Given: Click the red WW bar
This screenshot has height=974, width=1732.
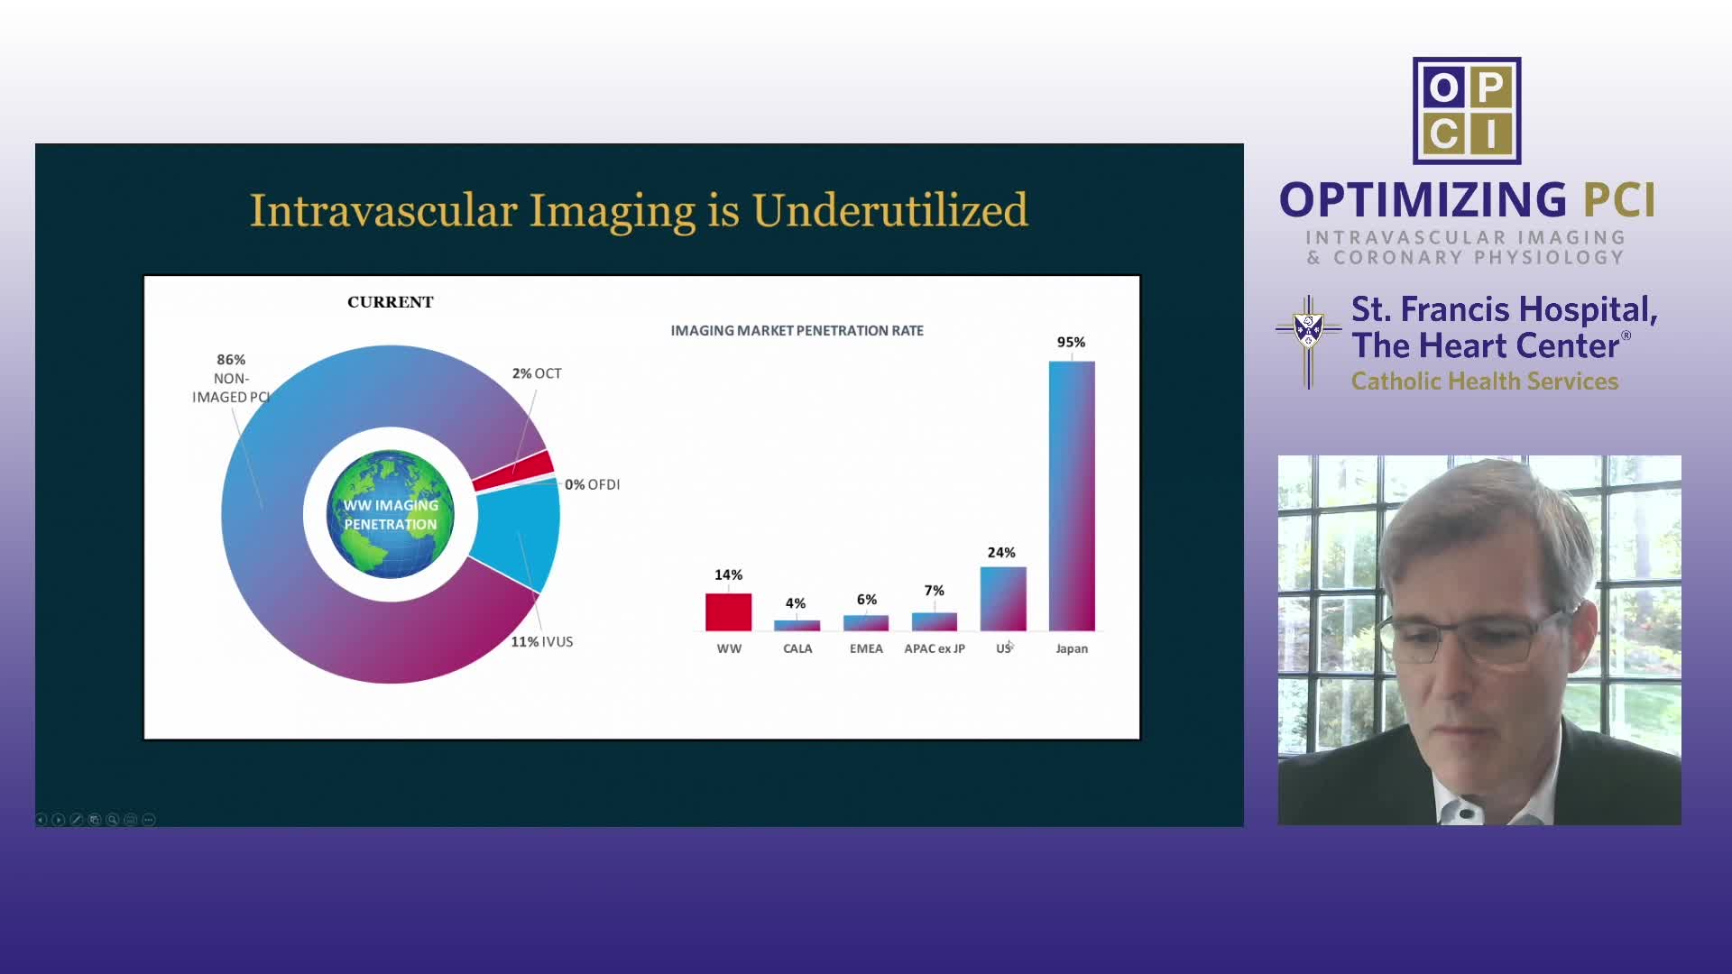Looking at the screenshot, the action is (x=728, y=611).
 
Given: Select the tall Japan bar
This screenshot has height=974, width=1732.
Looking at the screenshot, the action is (x=1072, y=496).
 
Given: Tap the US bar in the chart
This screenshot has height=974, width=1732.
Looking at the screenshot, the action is (x=1003, y=599).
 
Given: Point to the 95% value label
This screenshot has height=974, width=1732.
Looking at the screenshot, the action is (x=1071, y=342).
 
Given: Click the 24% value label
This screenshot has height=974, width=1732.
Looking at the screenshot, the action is (x=1001, y=552).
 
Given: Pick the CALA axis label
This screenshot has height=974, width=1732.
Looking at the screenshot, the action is (x=797, y=648).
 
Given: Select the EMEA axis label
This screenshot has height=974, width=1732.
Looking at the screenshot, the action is (x=866, y=648).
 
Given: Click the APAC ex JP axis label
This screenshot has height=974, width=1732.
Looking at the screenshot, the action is (x=935, y=648).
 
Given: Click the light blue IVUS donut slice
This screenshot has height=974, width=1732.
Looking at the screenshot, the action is (x=516, y=536).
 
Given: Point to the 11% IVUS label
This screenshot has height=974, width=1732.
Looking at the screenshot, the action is (x=542, y=641).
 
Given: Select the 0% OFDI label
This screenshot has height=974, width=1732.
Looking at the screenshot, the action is (x=593, y=484).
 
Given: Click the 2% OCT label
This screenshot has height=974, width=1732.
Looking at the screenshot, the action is (x=537, y=373).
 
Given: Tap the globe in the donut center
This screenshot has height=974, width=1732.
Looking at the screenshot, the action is (x=391, y=514).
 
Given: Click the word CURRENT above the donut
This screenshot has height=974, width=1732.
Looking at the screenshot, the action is (x=391, y=302).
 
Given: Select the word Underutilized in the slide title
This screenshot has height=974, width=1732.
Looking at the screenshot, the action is (x=890, y=210).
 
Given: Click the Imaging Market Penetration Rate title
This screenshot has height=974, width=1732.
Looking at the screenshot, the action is (x=797, y=331).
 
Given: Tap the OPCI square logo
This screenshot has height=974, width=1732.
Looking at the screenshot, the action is (x=1467, y=111).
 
